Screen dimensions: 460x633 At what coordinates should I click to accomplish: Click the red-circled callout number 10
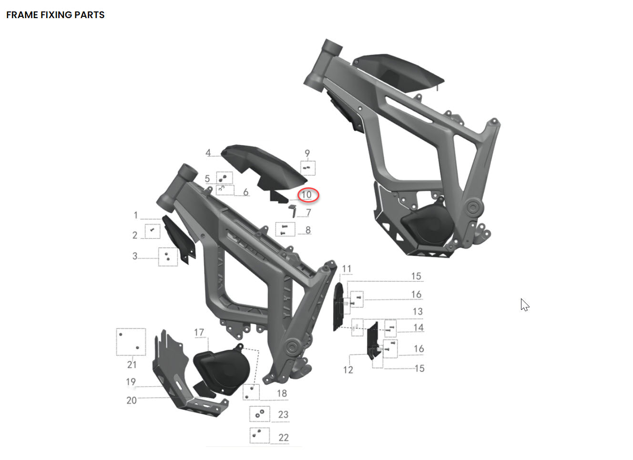[306, 194]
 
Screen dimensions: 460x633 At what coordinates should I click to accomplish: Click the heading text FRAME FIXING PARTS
[55, 15]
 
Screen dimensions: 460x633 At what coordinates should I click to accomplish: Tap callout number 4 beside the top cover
[208, 153]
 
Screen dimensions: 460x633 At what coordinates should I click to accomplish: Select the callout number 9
[307, 153]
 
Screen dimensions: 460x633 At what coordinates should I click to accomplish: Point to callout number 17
[199, 332]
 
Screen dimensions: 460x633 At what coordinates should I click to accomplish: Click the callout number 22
[284, 437]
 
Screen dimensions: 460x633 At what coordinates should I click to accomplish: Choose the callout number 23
[283, 414]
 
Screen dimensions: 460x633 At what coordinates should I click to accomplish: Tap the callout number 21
[132, 364]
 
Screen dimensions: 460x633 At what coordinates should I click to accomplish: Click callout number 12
[348, 369]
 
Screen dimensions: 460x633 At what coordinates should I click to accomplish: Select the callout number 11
[347, 269]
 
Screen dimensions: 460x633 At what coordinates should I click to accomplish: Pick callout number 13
[418, 311]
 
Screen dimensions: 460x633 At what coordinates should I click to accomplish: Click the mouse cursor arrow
[525, 305]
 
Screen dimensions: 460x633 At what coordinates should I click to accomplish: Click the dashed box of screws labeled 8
[285, 229]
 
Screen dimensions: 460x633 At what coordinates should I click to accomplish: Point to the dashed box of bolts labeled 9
[307, 168]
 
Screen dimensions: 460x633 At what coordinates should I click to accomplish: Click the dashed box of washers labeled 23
[260, 414]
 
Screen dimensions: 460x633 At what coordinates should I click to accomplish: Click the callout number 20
[132, 400]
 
